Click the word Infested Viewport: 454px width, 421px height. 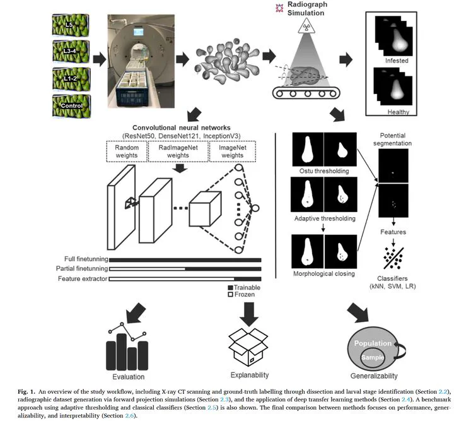(396, 61)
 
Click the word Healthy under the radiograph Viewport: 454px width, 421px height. (397, 112)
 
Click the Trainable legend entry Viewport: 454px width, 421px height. (246, 287)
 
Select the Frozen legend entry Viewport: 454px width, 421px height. (244, 295)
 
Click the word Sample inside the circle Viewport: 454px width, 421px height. (372, 359)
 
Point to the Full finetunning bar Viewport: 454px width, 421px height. (185, 259)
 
